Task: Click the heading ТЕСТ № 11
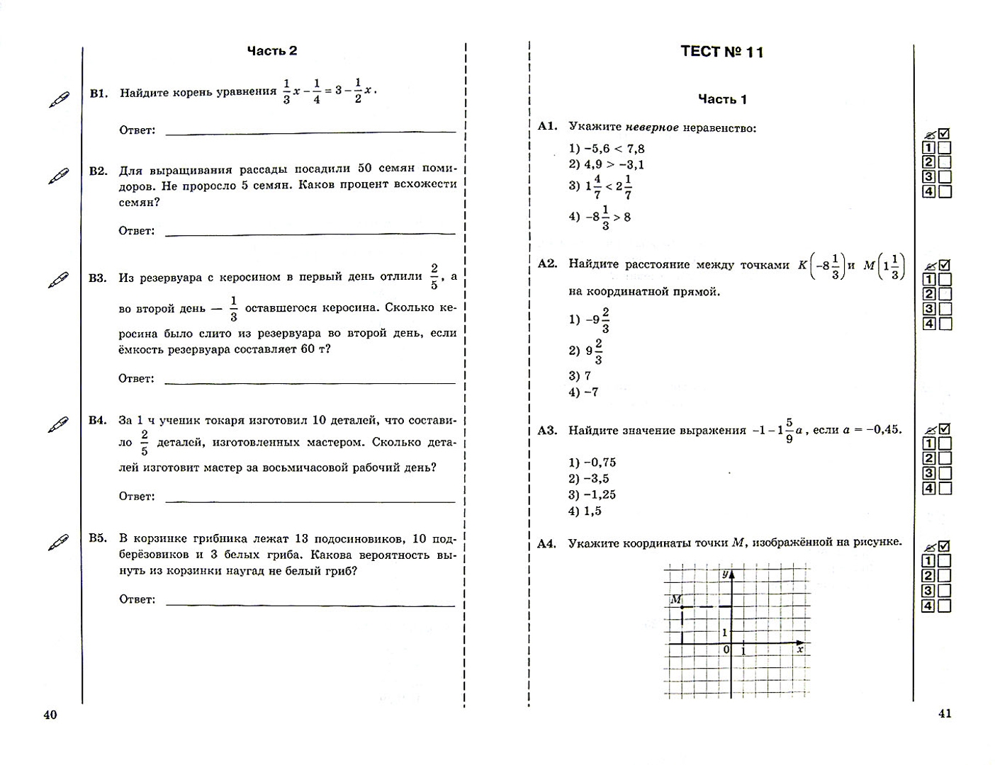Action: [721, 52]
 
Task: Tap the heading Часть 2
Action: [272, 50]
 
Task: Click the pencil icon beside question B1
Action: [59, 100]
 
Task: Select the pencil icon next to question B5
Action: [59, 543]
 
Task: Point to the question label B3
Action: [98, 278]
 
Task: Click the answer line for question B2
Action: [310, 232]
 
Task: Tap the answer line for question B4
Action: [310, 501]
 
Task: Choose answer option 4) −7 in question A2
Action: [583, 392]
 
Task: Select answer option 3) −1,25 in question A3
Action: [592, 495]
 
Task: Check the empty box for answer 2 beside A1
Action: [944, 163]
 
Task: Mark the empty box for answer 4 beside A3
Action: [944, 488]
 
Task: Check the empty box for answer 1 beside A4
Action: [944, 562]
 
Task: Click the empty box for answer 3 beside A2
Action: [944, 309]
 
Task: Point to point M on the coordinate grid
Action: [682, 607]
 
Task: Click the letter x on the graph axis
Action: [800, 649]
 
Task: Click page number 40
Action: [50, 715]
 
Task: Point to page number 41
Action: [945, 713]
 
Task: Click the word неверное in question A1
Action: [652, 127]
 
